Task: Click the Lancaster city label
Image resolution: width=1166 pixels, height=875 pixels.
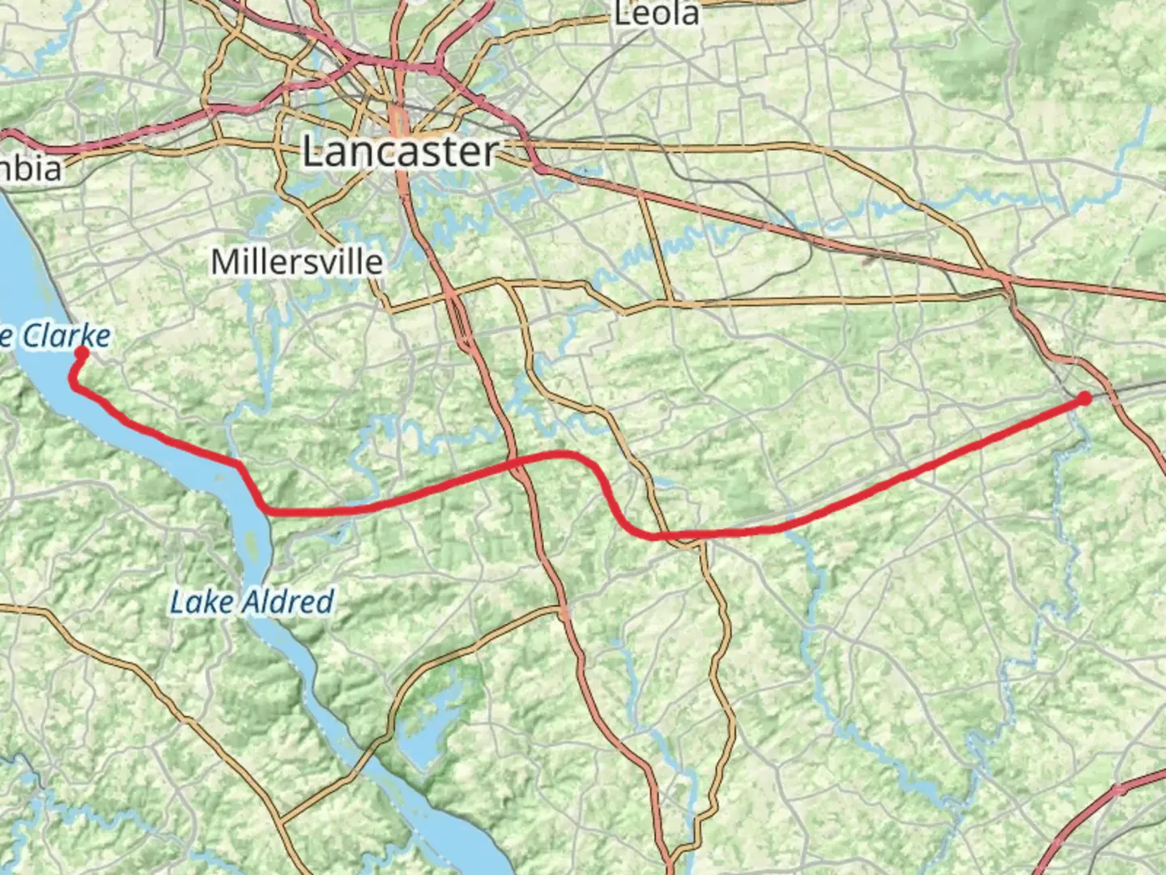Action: pos(401,152)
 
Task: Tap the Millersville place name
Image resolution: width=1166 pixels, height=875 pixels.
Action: pos(296,262)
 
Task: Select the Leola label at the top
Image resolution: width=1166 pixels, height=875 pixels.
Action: pos(657,14)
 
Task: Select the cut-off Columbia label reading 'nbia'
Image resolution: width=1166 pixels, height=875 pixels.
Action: pos(31,169)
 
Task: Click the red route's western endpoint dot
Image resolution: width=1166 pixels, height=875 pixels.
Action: pos(82,352)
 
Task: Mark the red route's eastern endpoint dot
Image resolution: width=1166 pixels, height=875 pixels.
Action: pos(1085,398)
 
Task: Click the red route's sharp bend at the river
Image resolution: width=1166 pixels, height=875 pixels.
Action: pos(240,465)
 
